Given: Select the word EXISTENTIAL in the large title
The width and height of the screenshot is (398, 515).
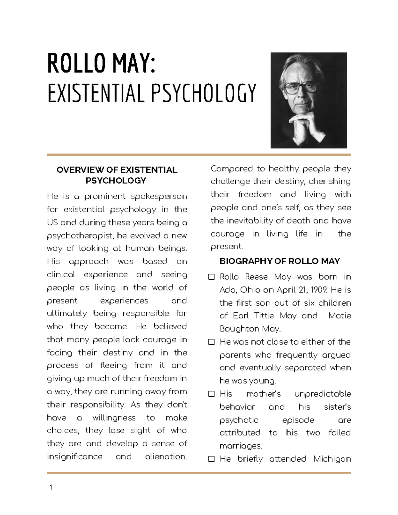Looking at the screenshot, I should tap(96, 93).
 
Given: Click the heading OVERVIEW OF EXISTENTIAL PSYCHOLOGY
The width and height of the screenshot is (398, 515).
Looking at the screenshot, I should tap(117, 175).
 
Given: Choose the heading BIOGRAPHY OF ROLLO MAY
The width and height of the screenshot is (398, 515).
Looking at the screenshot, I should tap(280, 261).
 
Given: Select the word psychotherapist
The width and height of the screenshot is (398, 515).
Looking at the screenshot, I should tap(80, 236).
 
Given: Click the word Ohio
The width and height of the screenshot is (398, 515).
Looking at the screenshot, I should tap(250, 290).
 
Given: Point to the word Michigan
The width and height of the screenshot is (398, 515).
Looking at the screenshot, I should tap(332, 459).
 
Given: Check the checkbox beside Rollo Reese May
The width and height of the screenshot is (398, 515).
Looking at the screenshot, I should tap(211, 277).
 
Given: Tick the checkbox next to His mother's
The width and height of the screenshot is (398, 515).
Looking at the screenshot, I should tap(211, 394).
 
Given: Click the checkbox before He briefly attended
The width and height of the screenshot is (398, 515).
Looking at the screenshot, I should tap(211, 459).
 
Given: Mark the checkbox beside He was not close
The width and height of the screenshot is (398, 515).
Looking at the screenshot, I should tap(211, 342).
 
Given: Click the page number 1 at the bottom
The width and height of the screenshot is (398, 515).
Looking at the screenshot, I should tap(51, 487).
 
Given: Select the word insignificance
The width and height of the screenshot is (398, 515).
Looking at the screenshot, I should tap(75, 457).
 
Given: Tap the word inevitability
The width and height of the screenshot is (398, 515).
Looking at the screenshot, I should tap(252, 221).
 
